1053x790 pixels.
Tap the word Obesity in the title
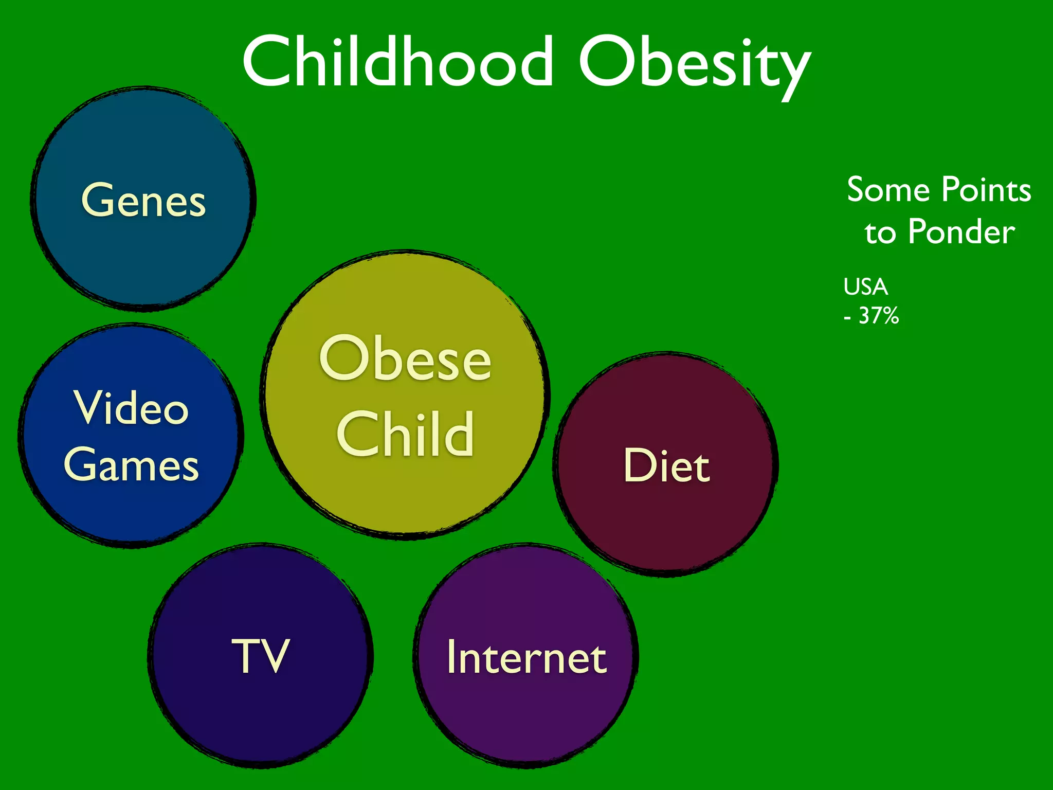pos(694,64)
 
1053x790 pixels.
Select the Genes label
pos(143,200)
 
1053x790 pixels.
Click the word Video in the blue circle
pos(132,408)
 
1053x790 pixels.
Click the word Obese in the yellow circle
pos(405,358)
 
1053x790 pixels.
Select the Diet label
pos(666,465)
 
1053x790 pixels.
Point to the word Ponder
pos(961,232)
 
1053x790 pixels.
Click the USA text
pos(866,287)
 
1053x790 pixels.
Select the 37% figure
pos(878,316)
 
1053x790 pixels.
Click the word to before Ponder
pos(880,233)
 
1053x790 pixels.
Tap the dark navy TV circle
pos(260,715)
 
